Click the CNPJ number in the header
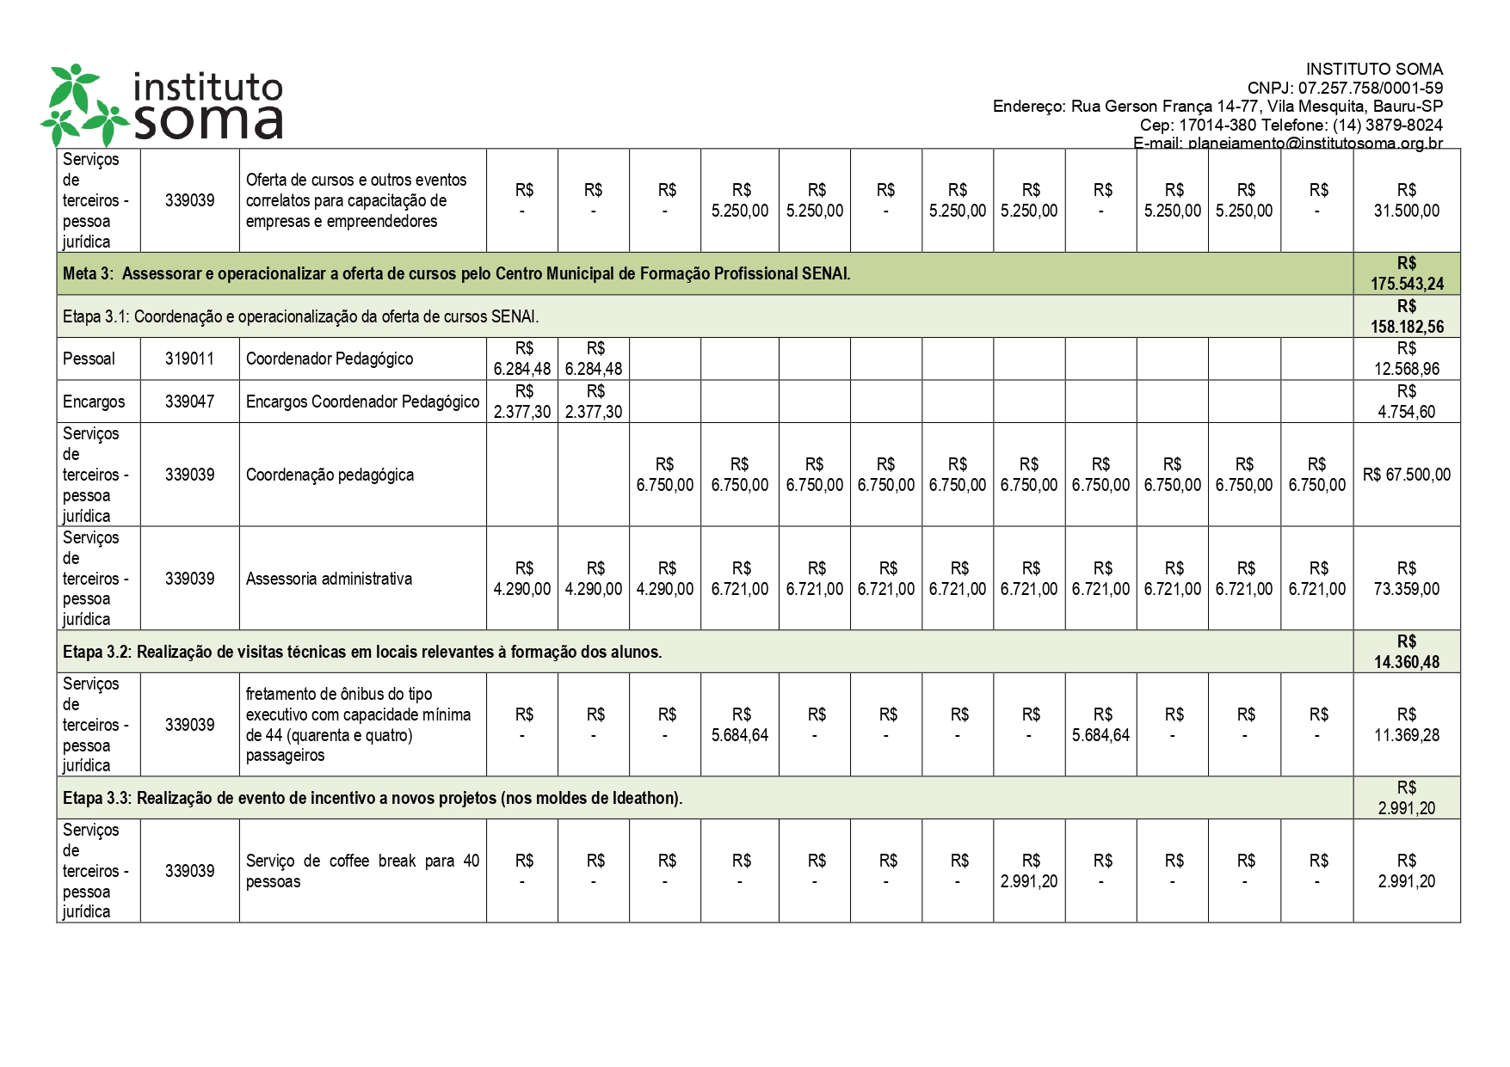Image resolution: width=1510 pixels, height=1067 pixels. click(1370, 88)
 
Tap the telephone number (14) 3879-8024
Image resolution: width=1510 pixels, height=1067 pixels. click(1387, 125)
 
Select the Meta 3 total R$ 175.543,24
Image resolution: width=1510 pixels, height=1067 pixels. click(1407, 274)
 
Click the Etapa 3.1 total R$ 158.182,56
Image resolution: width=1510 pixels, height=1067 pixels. click(1407, 316)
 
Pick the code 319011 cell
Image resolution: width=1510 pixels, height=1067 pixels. click(189, 359)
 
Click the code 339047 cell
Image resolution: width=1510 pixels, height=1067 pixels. click(189, 402)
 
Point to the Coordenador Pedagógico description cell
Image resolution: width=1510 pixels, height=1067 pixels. click(330, 359)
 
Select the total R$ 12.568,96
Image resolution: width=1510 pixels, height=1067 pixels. click(1407, 359)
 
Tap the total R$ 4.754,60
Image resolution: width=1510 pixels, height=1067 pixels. click(1407, 402)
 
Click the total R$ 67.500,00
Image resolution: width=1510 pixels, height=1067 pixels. click(1407, 475)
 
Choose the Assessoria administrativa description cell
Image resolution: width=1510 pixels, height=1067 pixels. click(329, 579)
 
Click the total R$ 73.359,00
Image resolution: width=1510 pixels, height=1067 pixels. click(1407, 579)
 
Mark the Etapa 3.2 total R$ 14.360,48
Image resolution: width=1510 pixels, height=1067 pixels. click(1407, 652)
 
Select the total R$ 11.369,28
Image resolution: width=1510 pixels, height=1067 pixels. click(1407, 725)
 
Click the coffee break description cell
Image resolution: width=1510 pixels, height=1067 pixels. click(362, 871)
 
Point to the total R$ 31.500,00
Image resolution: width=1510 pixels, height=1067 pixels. click(1407, 200)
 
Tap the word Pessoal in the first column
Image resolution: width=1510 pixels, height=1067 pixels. click(89, 359)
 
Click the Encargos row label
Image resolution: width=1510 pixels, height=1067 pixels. click(94, 402)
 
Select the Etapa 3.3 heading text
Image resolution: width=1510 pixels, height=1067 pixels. click(373, 798)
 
